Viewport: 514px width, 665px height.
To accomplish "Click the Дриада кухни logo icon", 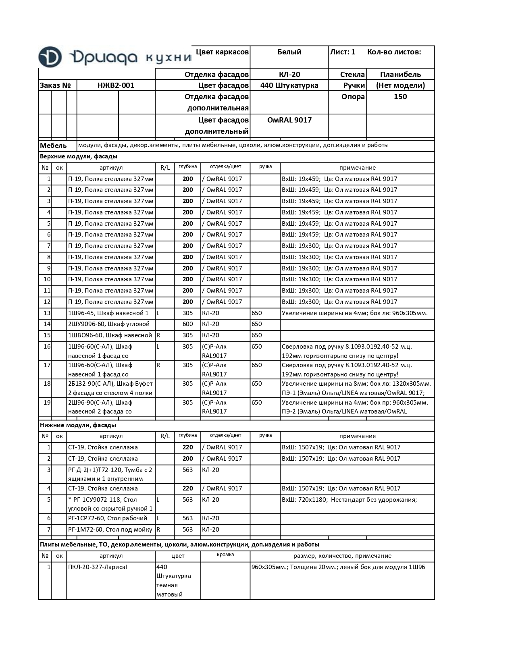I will (50, 57).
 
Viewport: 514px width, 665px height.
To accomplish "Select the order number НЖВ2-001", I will (116, 85).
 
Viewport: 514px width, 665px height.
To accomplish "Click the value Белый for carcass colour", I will (289, 52).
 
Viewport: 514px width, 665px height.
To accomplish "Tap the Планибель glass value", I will (400, 74).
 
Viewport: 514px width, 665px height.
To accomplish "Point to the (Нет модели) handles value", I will (400, 85).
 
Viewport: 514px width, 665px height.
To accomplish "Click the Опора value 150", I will (400, 97).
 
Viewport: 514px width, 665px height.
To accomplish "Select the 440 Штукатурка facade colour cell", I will (289, 85).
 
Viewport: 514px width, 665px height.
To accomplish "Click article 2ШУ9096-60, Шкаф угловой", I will (109, 324).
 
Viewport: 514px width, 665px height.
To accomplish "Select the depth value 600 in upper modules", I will (187, 324).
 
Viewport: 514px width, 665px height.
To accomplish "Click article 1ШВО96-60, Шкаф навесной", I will (110, 335).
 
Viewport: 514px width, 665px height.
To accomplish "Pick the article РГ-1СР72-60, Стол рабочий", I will (108, 518).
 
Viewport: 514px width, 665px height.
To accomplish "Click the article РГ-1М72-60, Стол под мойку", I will (110, 530).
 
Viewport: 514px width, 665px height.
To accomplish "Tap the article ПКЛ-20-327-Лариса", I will (98, 567).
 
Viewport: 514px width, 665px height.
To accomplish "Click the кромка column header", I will (225, 555).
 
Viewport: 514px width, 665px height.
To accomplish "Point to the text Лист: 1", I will (342, 52).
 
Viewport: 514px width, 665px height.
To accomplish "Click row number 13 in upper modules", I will (47, 313).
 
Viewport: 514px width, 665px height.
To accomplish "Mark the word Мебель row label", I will (53, 146).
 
